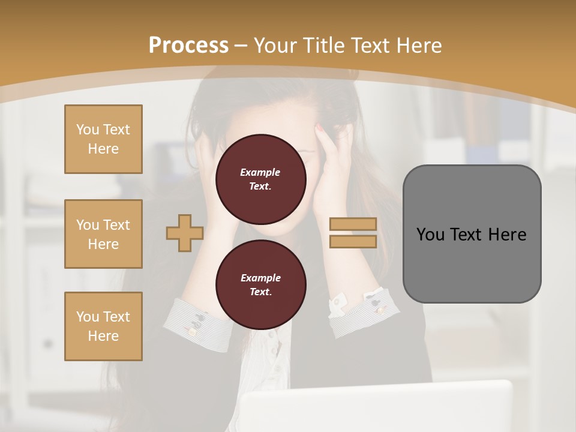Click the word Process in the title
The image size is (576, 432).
coord(188,46)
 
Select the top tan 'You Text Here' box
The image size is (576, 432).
coord(103,139)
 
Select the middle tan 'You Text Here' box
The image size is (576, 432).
coord(103,234)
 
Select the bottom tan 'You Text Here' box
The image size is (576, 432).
coord(103,326)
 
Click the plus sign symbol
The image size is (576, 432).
coord(185,233)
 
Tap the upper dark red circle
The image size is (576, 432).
coord(260,179)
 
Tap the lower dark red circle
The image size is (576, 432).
coord(260,285)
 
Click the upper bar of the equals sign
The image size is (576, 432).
coord(353,224)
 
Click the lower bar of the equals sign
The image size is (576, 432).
coord(353,241)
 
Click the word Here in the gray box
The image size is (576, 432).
coord(507,235)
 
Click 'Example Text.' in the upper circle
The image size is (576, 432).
coord(260,179)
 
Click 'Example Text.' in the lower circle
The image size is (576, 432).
coord(260,285)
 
